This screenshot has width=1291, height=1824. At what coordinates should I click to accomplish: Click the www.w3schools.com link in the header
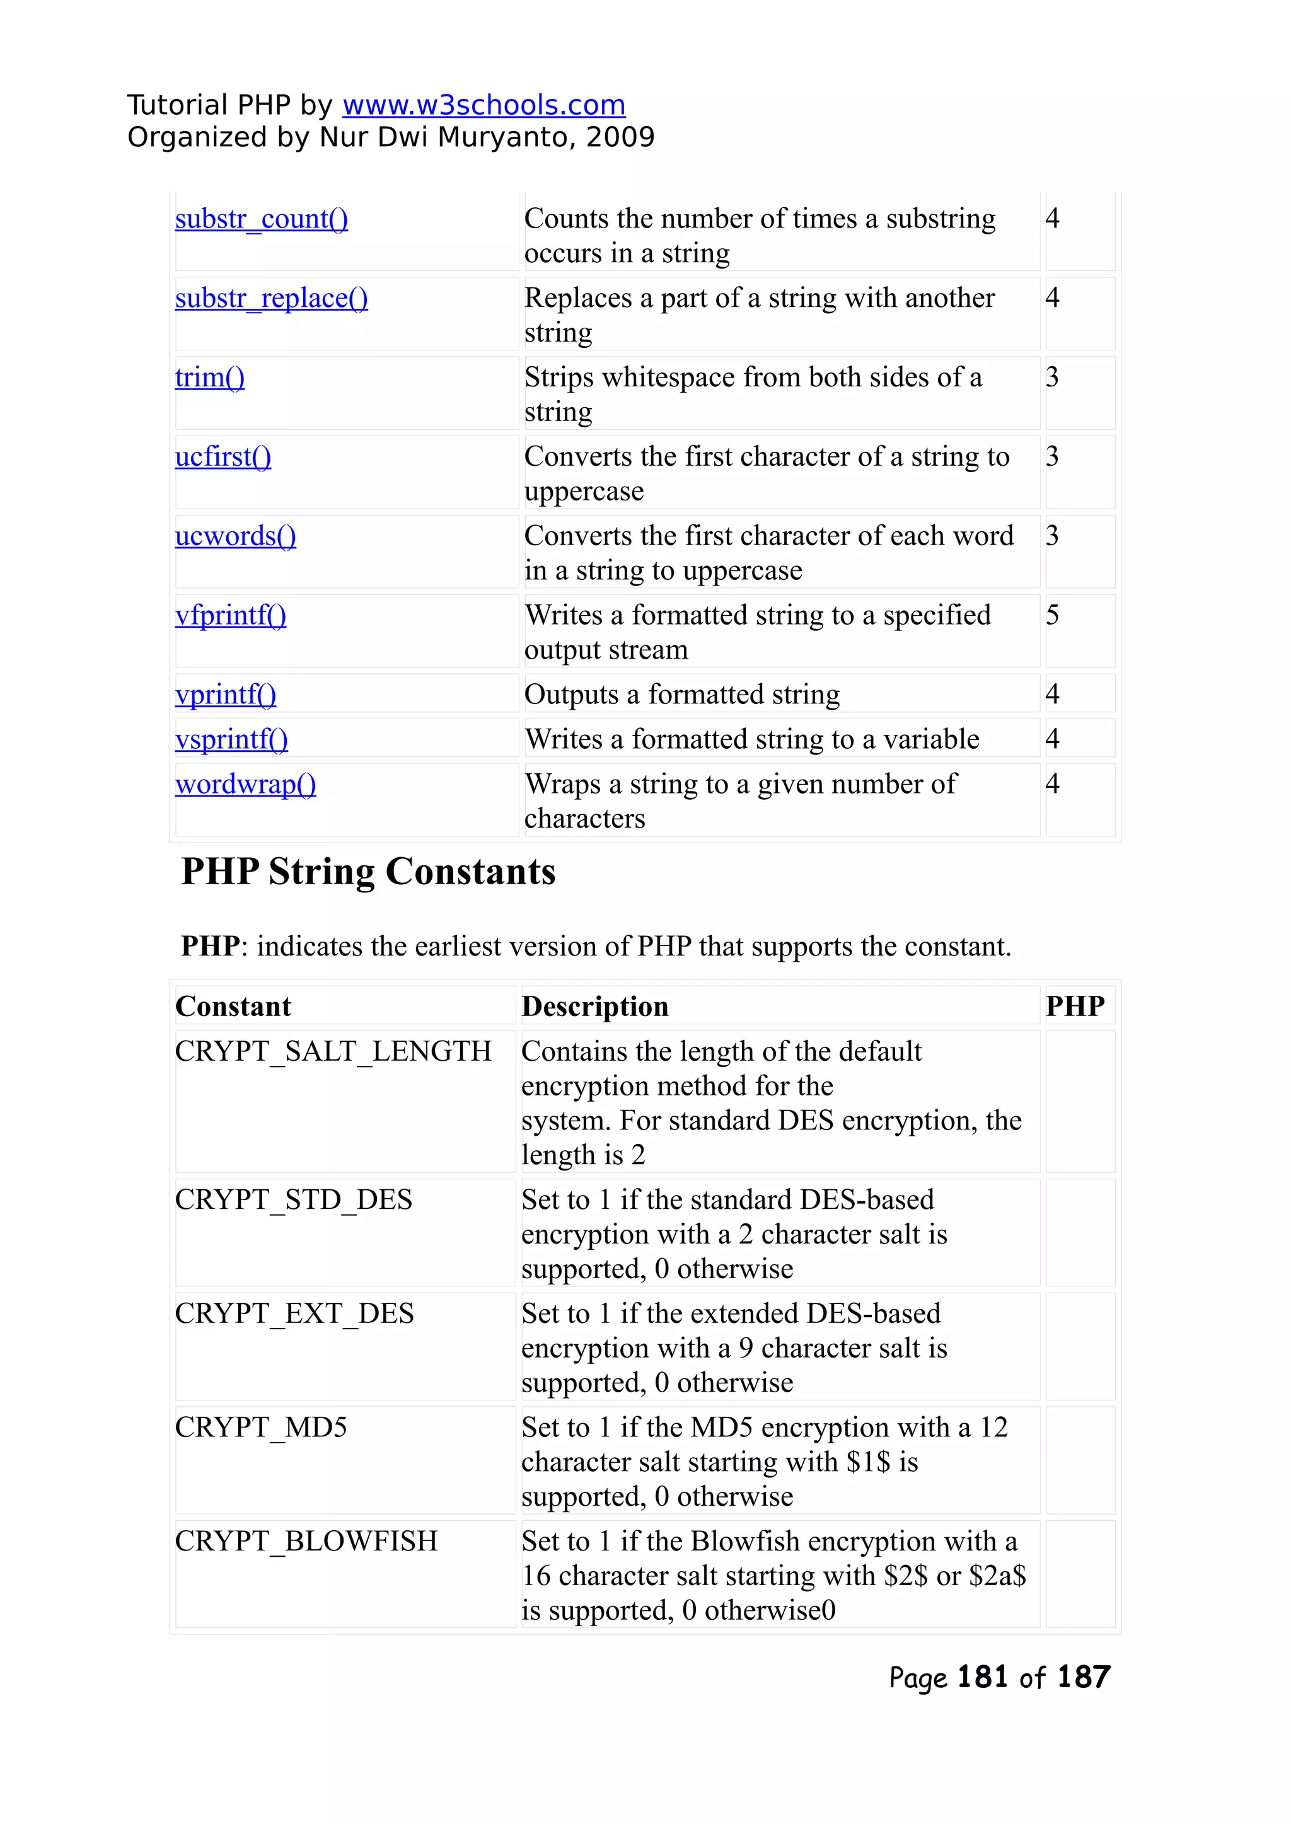(x=483, y=105)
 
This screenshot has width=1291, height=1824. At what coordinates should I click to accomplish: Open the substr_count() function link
(x=262, y=219)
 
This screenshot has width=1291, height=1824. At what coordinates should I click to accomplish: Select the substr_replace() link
(x=271, y=298)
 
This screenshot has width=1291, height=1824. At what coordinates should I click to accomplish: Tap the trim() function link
(x=210, y=378)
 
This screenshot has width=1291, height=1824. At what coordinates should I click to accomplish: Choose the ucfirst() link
(x=223, y=457)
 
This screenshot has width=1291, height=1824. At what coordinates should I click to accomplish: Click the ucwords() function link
(x=235, y=536)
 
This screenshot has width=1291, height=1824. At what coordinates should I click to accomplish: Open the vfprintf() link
(x=231, y=615)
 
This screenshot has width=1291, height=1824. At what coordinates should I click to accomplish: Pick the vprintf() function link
(x=226, y=695)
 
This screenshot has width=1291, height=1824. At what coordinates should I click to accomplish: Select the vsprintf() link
(x=231, y=739)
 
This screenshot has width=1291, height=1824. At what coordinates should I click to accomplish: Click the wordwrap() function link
(x=246, y=785)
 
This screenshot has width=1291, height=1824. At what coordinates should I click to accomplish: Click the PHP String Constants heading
(x=368, y=872)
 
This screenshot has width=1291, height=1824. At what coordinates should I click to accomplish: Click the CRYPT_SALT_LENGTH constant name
(x=333, y=1051)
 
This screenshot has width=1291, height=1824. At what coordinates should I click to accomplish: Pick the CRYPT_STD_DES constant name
(x=293, y=1200)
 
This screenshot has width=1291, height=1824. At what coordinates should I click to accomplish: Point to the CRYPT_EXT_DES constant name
(x=294, y=1313)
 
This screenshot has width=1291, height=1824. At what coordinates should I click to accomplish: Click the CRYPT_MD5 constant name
(x=261, y=1428)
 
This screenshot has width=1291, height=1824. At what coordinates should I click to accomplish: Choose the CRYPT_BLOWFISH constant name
(x=306, y=1541)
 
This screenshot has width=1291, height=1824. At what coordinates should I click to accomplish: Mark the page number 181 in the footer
(x=983, y=1677)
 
